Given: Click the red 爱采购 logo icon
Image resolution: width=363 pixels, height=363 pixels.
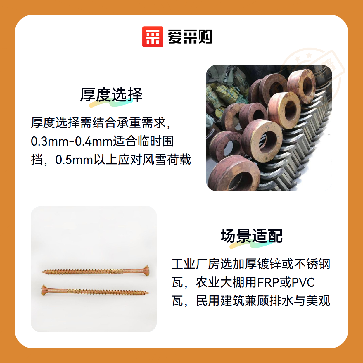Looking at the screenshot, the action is click(153, 37).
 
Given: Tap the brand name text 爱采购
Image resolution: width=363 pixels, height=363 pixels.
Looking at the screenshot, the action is click(190, 37).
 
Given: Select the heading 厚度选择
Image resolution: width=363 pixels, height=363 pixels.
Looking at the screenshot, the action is click(111, 95).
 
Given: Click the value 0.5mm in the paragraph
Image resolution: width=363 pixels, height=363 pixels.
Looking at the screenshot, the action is click(74, 160).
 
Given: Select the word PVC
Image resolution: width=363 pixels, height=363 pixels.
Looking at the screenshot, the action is click(303, 282).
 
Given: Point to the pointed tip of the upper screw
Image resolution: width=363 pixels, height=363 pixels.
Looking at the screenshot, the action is click(42, 272).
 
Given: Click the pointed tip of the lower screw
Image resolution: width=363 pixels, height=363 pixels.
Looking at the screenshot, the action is click(149, 293).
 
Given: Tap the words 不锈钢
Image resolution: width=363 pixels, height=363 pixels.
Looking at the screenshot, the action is click(312, 264).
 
